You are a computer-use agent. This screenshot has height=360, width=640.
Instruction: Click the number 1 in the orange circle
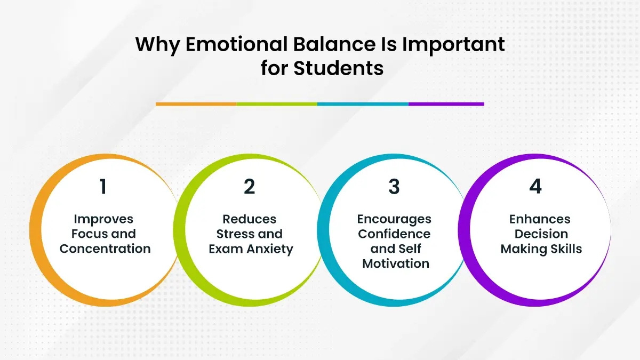[103, 187]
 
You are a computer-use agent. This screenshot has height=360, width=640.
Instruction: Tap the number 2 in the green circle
[249, 187]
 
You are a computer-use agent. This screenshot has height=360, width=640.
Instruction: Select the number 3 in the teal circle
[394, 187]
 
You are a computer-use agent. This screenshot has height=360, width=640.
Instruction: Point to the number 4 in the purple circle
[535, 187]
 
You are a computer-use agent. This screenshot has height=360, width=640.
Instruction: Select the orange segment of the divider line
[196, 104]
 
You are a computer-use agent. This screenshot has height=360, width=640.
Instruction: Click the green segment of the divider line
[276, 104]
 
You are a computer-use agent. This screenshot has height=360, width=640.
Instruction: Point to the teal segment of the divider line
[363, 104]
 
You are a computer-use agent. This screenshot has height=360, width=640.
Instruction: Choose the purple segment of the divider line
[446, 104]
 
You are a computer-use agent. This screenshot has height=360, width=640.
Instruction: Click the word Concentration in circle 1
[105, 249]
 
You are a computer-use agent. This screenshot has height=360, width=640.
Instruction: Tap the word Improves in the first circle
[103, 219]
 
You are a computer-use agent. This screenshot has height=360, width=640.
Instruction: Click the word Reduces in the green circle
[250, 219]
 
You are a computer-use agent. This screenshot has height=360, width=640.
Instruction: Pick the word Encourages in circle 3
[394, 219]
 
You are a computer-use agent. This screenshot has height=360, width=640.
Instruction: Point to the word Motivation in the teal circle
[396, 263]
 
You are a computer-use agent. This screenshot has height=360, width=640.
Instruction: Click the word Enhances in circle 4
[540, 219]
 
